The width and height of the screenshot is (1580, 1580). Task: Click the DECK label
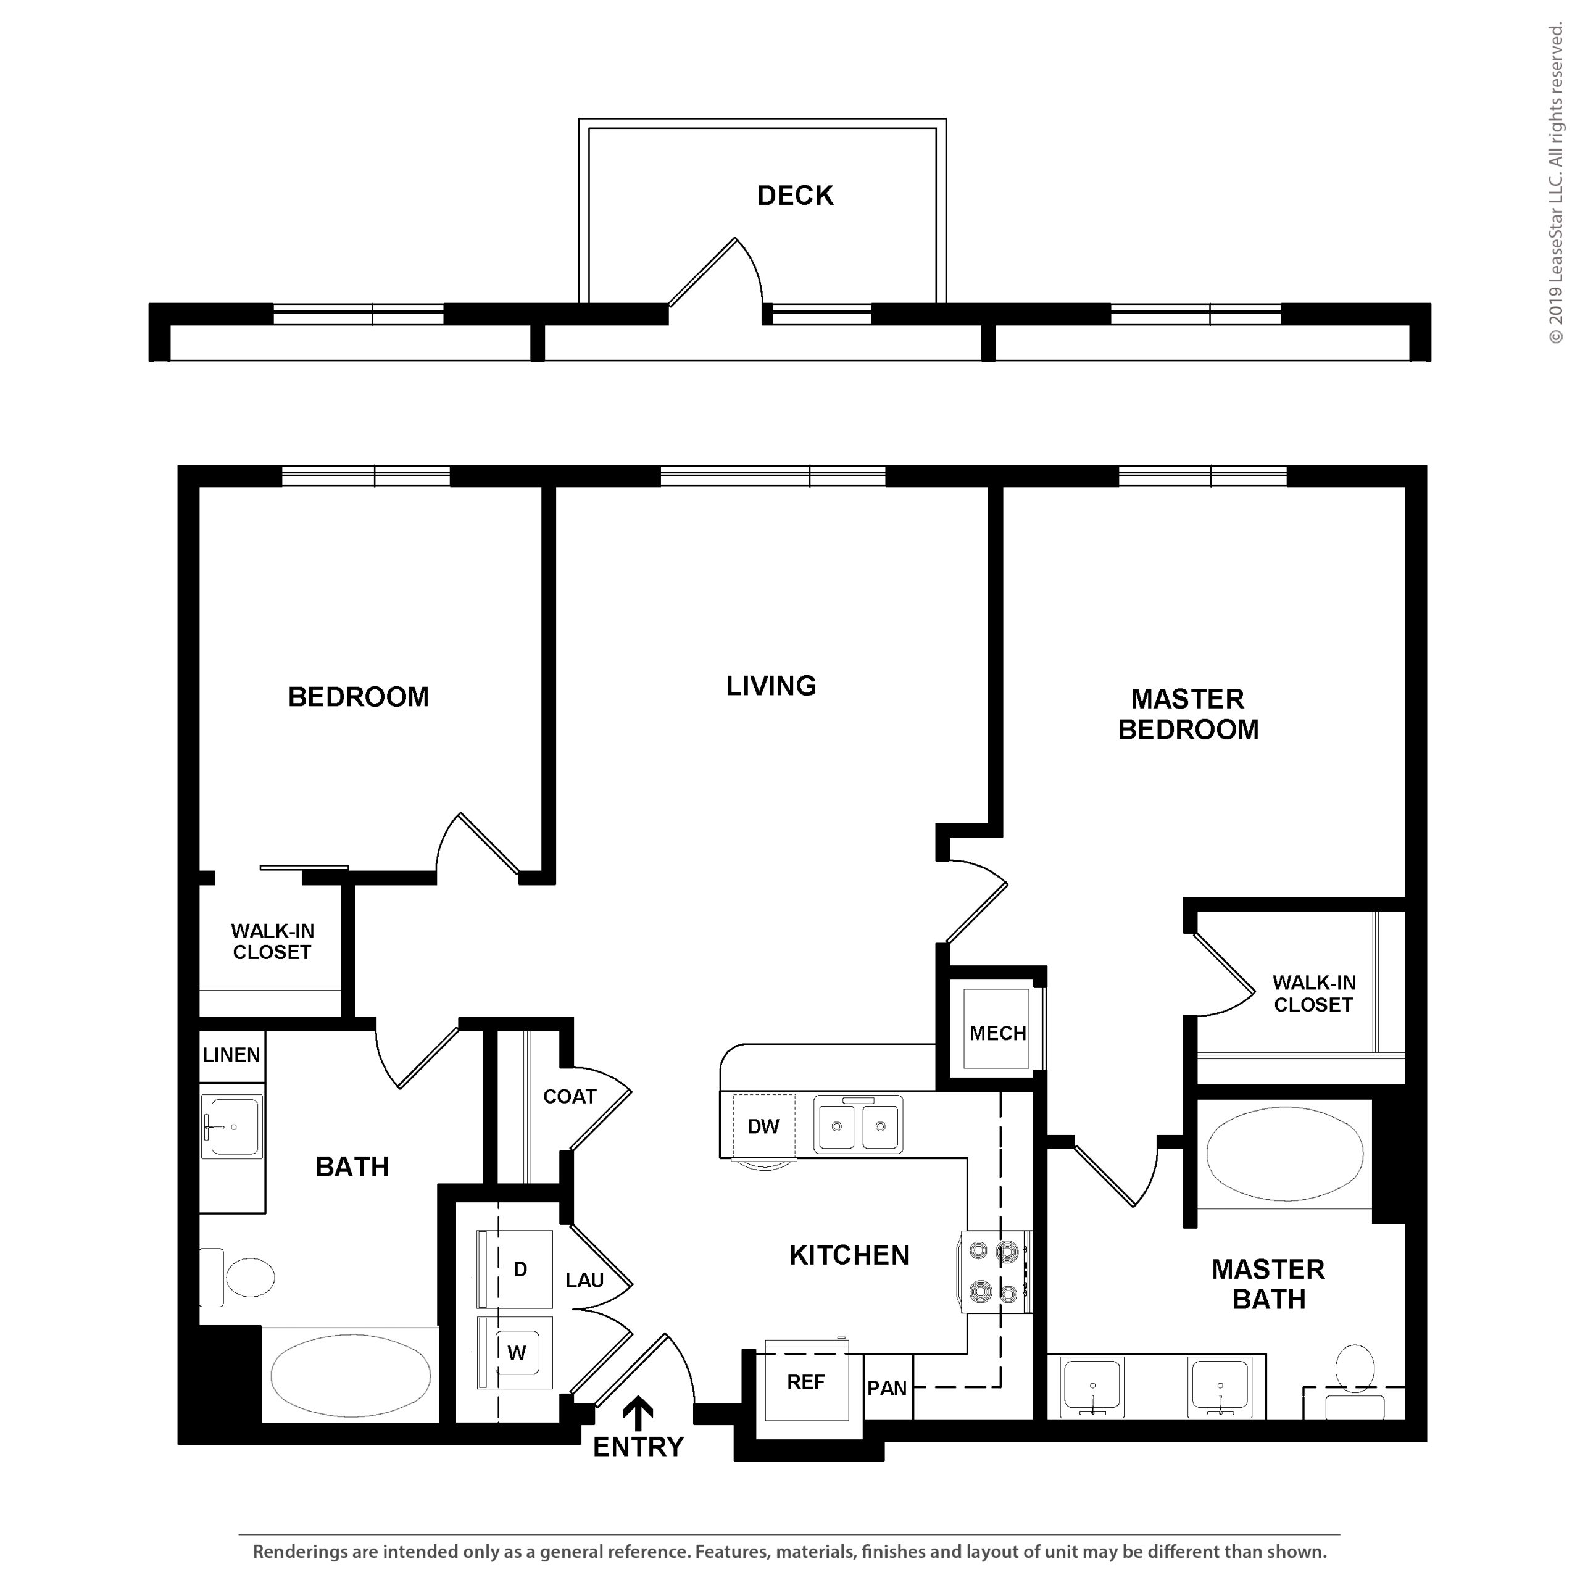(795, 196)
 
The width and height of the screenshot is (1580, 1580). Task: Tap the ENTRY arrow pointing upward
(638, 1412)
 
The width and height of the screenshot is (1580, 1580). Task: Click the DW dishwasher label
(763, 1126)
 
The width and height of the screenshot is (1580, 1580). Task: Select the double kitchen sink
(858, 1125)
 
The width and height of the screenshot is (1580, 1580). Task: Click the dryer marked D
(516, 1268)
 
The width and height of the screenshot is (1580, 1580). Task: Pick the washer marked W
(516, 1353)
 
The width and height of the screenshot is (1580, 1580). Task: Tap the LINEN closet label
(231, 1055)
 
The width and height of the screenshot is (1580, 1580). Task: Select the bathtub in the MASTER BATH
(1285, 1154)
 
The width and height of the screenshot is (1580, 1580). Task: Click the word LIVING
(771, 685)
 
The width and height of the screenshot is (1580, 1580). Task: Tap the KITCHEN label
(849, 1255)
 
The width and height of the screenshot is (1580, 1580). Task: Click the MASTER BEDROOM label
(1188, 714)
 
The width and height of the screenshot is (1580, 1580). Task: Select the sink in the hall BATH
(233, 1126)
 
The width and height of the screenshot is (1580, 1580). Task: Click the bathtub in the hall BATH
(351, 1376)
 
